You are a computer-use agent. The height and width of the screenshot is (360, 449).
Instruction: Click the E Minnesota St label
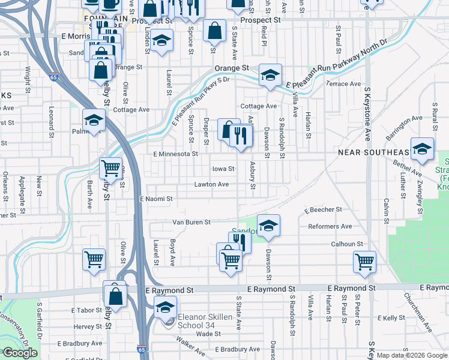click(175, 154)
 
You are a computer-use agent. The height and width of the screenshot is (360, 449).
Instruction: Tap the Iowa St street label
click(222, 169)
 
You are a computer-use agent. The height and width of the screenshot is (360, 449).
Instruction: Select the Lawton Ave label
click(211, 184)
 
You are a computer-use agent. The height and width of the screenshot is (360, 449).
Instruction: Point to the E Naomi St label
click(156, 199)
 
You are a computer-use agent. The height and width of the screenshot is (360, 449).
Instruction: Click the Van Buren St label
click(191, 222)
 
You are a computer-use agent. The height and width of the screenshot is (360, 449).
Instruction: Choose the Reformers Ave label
click(329, 226)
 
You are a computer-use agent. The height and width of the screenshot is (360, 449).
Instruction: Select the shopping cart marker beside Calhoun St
click(365, 262)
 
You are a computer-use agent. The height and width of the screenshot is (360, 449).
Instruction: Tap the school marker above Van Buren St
click(268, 225)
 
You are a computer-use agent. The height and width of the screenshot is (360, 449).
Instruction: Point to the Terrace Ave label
click(343, 84)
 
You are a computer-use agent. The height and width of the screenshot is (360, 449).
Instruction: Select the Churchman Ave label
click(417, 312)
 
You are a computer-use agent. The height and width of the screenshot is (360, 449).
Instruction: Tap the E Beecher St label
click(323, 210)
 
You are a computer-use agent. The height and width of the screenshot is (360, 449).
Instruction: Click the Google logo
click(20, 353)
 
